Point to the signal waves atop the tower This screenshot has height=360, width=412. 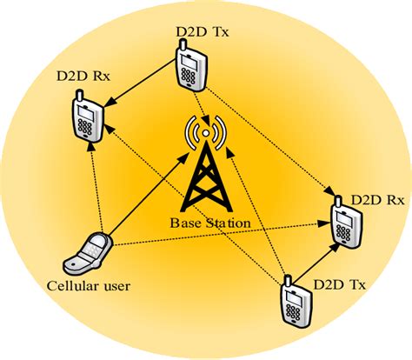pos(206,133)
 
